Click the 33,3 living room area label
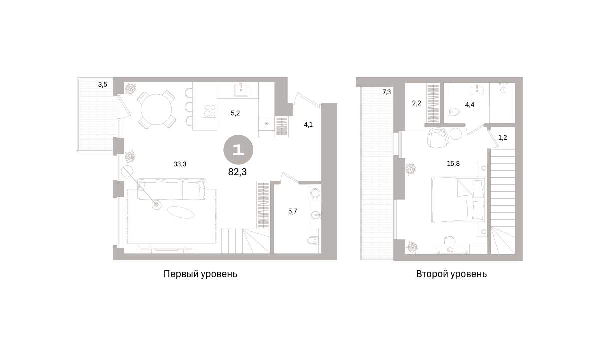[x=180, y=164]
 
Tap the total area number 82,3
[x=237, y=172]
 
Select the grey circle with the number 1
[x=238, y=150]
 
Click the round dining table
[x=156, y=109]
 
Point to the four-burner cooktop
[x=209, y=110]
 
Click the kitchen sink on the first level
[x=241, y=90]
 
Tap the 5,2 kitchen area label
[x=235, y=113]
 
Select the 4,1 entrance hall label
[x=308, y=125]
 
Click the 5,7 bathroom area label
[x=293, y=211]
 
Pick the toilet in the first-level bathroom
[x=313, y=241]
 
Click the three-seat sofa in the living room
[x=172, y=189]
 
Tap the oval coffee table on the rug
[x=181, y=212]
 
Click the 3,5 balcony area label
[x=103, y=85]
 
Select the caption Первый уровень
[x=200, y=274]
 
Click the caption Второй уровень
[x=451, y=274]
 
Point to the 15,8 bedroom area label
[x=453, y=163]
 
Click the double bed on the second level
[x=458, y=200]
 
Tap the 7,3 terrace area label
[x=387, y=92]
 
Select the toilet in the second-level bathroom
[x=454, y=112]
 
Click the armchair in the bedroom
[x=438, y=138]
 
